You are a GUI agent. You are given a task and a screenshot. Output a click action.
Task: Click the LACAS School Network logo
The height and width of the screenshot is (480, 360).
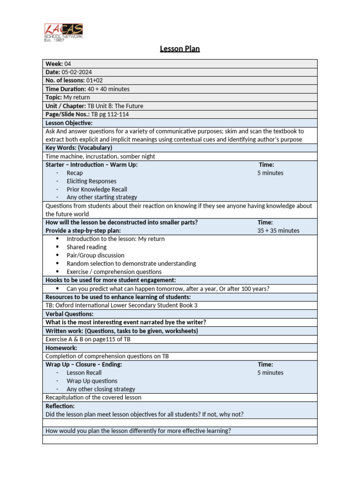63,32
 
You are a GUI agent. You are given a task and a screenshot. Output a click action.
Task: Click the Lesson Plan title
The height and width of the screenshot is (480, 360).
180,49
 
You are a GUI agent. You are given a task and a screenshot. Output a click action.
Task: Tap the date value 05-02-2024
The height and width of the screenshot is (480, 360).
77,72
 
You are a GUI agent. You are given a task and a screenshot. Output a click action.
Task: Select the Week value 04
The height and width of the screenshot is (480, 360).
68,64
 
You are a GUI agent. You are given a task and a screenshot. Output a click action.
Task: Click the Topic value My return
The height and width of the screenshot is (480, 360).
77,97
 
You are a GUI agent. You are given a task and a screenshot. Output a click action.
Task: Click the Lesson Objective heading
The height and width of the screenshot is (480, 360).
69,123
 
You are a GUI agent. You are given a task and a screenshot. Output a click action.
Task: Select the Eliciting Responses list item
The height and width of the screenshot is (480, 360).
91,181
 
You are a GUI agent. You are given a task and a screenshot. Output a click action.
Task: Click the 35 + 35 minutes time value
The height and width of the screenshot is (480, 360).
278,231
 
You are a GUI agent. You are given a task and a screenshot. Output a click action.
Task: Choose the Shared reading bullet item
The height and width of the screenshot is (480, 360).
87,247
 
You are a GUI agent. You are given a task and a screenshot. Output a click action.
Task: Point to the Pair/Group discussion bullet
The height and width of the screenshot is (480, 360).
96,255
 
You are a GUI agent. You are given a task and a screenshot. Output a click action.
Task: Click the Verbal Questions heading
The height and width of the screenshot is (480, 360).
69,314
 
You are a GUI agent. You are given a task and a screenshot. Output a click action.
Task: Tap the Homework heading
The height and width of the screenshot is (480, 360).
61,348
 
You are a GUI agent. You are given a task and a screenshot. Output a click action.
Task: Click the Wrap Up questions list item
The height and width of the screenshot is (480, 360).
92,381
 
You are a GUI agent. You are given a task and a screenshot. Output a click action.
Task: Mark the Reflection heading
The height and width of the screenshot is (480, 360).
60,406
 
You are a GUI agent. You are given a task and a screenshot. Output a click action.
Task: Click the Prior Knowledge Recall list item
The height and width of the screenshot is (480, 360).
97,189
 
